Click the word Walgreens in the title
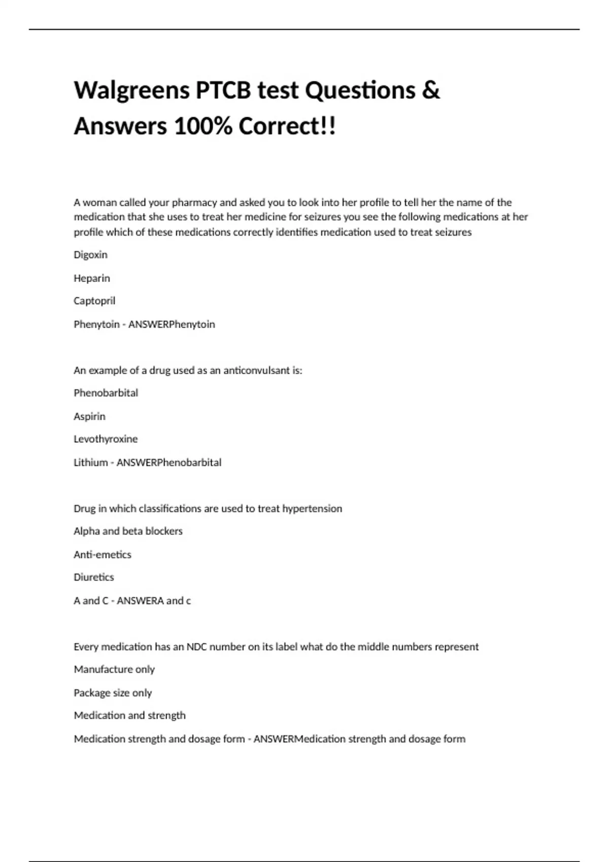pos(131,91)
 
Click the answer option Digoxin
pos(90,255)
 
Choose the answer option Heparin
pos(91,278)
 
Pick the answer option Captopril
pos(94,301)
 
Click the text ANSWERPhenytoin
pos(172,324)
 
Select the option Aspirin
pos(89,416)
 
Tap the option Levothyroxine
pos(106,439)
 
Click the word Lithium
pos(90,462)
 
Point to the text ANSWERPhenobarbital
pos(169,462)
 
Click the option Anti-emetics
pos(103,555)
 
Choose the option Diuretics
pos(94,577)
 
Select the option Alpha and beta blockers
pos(128,531)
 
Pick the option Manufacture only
pos(114,669)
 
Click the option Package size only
pos(113,693)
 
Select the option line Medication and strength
pos(130,715)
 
